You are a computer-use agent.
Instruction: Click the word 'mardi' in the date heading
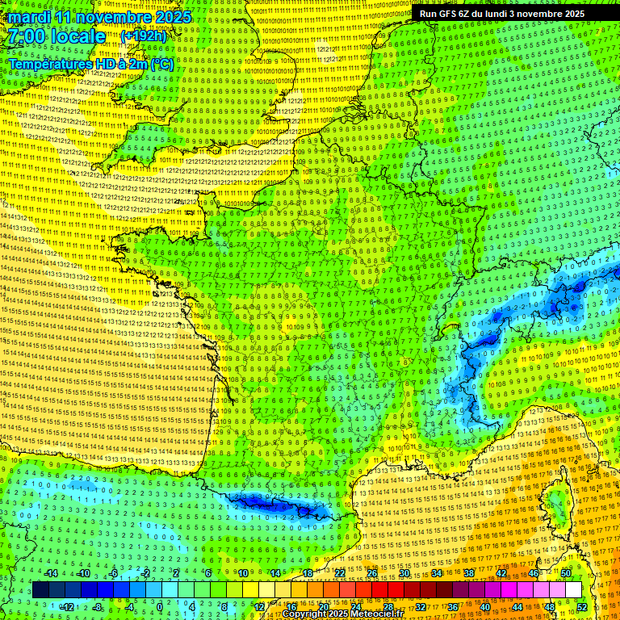[x=28, y=17]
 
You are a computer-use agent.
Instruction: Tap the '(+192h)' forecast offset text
[x=144, y=36]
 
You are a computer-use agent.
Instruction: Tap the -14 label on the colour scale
[x=52, y=573]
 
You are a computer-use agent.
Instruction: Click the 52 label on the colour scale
[x=582, y=606]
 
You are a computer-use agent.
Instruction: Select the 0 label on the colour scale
[x=160, y=606]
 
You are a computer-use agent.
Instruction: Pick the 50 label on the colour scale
[x=566, y=573]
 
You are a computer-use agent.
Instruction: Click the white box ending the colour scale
[x=573, y=590]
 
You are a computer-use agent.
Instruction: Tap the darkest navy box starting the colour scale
[x=40, y=590]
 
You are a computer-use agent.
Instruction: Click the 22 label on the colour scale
[x=339, y=573]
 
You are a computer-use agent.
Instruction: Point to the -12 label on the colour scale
[x=67, y=606]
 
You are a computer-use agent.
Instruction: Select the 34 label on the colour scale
[x=436, y=573]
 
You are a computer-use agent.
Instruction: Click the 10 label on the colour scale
[x=242, y=573]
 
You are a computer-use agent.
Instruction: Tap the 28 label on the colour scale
[x=387, y=606]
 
